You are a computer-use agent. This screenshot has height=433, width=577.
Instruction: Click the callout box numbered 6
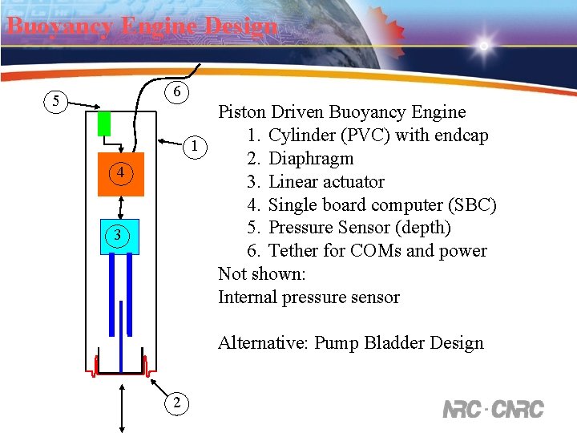tap(177, 92)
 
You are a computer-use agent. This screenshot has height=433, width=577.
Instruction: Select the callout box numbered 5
tap(55, 102)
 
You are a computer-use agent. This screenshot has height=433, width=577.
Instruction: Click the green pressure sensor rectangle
tap(104, 123)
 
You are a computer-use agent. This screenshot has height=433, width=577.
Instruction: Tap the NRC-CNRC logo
tap(493, 409)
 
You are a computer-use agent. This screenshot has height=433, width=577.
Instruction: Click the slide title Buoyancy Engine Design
tap(142, 26)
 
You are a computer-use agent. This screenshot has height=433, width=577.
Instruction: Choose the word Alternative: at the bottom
tap(263, 343)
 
